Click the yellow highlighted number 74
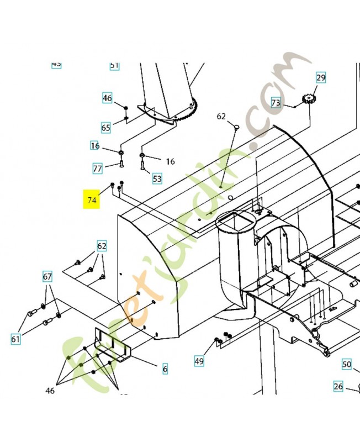(x=91, y=199)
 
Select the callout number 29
(x=321, y=77)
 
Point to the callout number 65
(x=105, y=128)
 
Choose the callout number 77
(x=97, y=167)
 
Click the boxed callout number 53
(x=157, y=178)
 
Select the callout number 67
(x=48, y=276)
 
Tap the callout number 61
(x=15, y=339)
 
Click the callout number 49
(x=199, y=361)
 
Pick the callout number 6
(x=165, y=369)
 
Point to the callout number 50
(x=346, y=364)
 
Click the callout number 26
(x=338, y=386)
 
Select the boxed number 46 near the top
(x=107, y=98)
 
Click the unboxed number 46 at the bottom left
(x=50, y=391)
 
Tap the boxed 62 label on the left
(x=102, y=246)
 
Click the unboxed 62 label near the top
(x=221, y=117)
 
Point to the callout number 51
(x=114, y=65)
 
